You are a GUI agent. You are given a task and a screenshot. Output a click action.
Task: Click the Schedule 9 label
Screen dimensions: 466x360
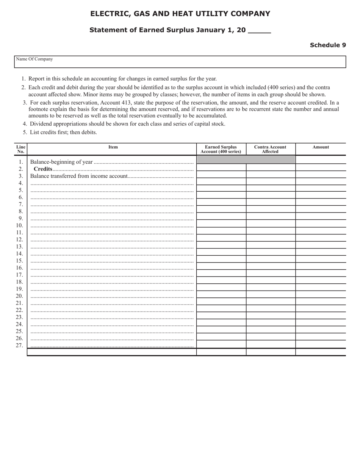[x=327, y=45]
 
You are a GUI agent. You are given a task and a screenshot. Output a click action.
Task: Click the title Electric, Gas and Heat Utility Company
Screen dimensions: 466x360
[x=180, y=14]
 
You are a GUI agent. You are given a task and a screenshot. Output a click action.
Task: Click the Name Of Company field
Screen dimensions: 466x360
[x=180, y=62]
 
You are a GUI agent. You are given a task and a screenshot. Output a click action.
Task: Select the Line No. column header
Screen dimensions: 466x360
[x=21, y=149]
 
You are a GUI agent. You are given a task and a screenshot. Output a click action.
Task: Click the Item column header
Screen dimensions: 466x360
[x=113, y=147]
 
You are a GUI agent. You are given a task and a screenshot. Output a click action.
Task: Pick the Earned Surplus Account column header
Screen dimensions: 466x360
[x=221, y=149]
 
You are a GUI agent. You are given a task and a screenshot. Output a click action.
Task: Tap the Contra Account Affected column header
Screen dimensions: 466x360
[x=270, y=149]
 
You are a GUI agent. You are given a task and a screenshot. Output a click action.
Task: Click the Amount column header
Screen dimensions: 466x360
[x=321, y=147]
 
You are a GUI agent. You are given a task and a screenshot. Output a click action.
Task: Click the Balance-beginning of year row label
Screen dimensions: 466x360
[x=61, y=162]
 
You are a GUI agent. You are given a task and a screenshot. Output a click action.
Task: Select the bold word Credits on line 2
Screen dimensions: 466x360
[x=43, y=169]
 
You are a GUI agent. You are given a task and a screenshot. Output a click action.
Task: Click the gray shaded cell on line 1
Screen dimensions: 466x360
[x=246, y=160]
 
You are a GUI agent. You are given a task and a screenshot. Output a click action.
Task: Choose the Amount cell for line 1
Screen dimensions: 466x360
[x=321, y=160]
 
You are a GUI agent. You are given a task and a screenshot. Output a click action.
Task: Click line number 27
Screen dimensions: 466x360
[x=19, y=346]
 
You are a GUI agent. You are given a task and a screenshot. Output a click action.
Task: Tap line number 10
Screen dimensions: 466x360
[x=19, y=225]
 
